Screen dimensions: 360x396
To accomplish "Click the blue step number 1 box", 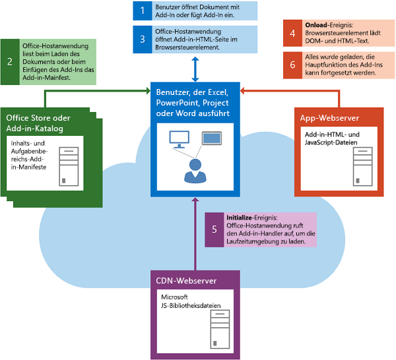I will point(142,11).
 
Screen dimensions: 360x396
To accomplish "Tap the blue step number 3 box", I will point(142,39).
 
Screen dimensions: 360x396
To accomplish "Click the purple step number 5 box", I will point(214,230).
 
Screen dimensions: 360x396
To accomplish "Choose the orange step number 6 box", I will point(292,65).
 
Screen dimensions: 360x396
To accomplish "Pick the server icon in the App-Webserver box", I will point(362,161).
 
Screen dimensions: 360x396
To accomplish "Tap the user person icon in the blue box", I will point(194,171).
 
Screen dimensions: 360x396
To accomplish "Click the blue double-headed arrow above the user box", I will point(195,69).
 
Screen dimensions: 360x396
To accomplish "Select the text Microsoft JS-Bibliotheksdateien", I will point(191,302).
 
